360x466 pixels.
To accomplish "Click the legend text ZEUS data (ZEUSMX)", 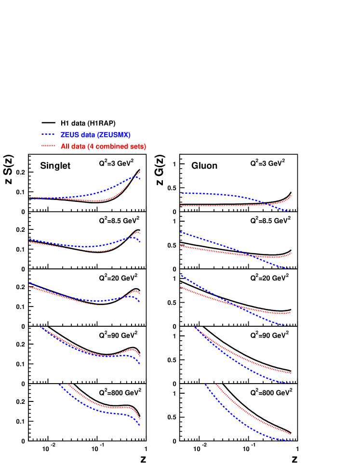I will [95, 135].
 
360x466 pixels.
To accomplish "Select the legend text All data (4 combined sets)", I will [103, 146].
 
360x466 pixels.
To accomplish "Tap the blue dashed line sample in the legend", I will [48, 135].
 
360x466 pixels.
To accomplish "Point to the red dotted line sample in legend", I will [48, 146].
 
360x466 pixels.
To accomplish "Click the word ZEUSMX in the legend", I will [115, 135].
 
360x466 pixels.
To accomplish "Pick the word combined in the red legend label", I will [110, 146].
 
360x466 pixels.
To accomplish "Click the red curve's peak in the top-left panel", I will [140, 172].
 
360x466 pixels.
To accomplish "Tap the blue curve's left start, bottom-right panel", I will [205, 385].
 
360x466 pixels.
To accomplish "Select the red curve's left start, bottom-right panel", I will [216, 385].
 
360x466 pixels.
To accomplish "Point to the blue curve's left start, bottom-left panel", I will [59, 385].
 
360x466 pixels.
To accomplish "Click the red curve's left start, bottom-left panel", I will [68, 385].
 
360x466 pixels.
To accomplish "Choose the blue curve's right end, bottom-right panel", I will [291, 440].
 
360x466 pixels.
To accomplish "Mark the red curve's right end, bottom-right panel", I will [291, 434].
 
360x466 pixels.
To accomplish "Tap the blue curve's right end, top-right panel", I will [291, 212].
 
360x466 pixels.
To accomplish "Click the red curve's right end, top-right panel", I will [291, 195].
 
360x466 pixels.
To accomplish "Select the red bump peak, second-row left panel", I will [137, 232].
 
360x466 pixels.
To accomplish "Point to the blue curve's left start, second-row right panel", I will [180, 232].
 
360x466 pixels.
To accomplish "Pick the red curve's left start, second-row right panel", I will [180, 246].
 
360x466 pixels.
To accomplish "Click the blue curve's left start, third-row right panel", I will [180, 275].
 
